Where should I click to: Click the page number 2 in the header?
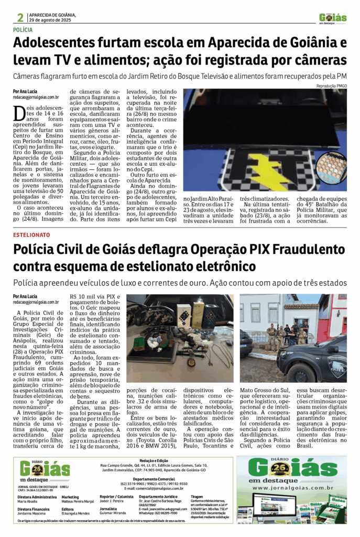[20, 17]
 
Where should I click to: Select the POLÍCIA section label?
[24, 30]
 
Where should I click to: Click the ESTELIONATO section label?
[28, 234]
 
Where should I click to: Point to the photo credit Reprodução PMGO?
[331, 85]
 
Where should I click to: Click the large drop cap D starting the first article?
[19, 112]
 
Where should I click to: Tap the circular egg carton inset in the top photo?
[331, 167]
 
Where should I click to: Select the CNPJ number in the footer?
[32, 491]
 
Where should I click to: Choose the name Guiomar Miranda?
[115, 513]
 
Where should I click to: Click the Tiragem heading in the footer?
[198, 496]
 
